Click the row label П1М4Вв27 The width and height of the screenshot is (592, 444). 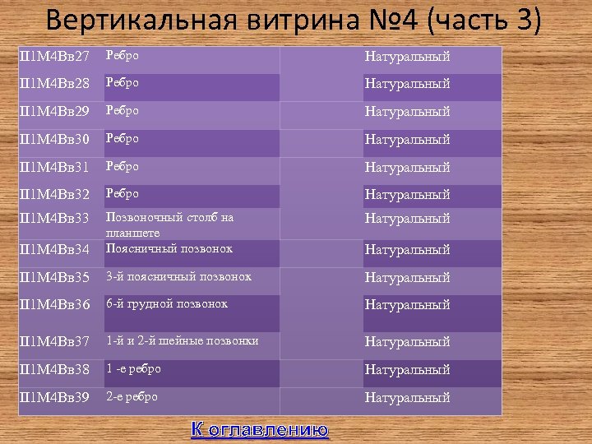(x=54, y=57)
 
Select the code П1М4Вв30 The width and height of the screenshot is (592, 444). (x=54, y=140)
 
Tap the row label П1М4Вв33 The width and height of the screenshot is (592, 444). (x=54, y=220)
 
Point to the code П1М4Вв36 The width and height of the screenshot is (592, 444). (x=54, y=305)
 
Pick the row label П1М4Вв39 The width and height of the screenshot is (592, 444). (x=54, y=398)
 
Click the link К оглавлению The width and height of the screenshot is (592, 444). (x=260, y=429)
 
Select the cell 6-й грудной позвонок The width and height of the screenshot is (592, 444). (x=167, y=303)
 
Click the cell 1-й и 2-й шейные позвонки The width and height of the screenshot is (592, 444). (x=182, y=340)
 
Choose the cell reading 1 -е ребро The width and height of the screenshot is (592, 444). (x=133, y=368)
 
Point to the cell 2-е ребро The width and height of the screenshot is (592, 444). (x=131, y=396)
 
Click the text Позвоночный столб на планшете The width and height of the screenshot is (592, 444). (x=169, y=224)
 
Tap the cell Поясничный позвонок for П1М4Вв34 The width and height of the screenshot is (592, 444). (x=169, y=248)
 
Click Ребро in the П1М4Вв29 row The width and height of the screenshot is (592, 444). (x=122, y=110)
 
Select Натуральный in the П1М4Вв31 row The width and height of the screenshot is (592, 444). (x=407, y=168)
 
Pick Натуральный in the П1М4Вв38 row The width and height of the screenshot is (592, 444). (x=407, y=370)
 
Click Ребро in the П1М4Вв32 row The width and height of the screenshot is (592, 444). (x=122, y=193)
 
